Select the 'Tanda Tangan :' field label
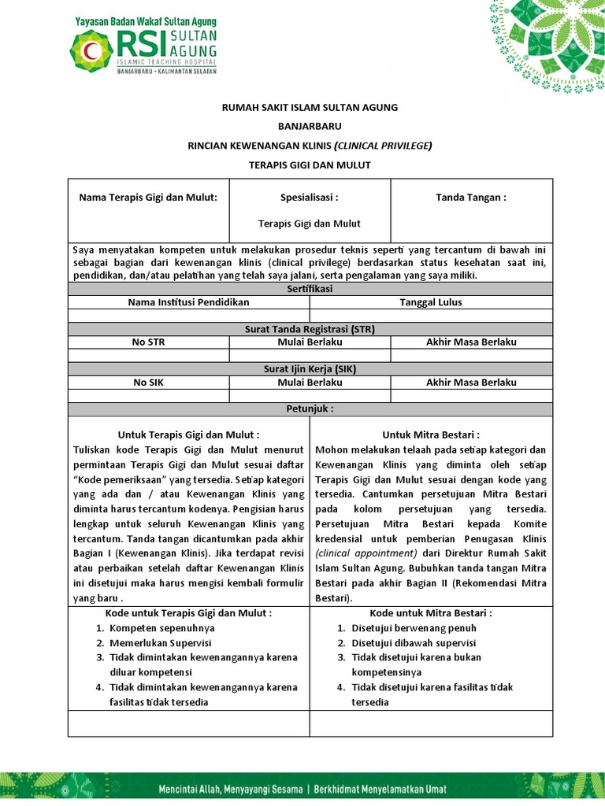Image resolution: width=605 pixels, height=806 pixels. click(x=471, y=198)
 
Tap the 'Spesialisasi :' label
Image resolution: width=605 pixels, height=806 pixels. click(x=310, y=198)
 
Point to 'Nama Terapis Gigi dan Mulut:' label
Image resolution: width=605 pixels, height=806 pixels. click(x=148, y=198)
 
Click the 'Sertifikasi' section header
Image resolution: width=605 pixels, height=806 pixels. click(x=310, y=290)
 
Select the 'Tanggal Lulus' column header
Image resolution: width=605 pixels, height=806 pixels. click(x=431, y=302)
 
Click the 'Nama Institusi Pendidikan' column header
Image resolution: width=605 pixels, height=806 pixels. click(x=189, y=302)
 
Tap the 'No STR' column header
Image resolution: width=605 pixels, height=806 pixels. click(x=149, y=342)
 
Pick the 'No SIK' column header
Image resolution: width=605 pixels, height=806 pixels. click(x=149, y=383)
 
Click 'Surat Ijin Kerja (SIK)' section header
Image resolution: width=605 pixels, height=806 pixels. click(x=310, y=368)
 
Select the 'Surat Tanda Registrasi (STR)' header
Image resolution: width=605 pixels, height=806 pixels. click(x=310, y=329)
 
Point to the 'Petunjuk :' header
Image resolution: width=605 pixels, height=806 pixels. click(x=310, y=409)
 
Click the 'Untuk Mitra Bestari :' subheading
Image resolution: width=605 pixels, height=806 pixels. click(x=431, y=434)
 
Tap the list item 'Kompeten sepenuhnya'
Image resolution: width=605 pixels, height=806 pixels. click(x=161, y=628)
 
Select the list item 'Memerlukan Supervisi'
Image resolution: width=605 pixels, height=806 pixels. click(x=161, y=642)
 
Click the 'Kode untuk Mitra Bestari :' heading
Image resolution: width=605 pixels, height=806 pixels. click(x=431, y=613)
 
